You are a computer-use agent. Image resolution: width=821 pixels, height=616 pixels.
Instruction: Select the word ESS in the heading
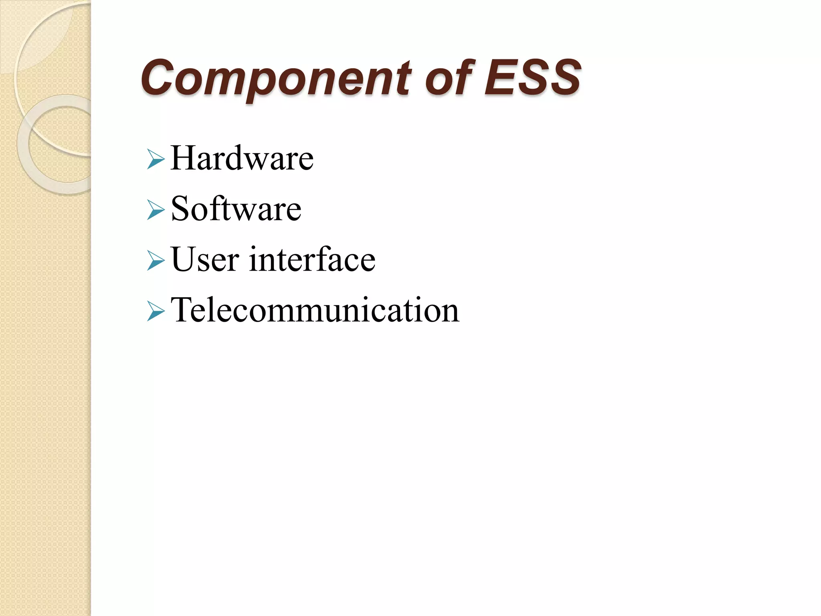532,77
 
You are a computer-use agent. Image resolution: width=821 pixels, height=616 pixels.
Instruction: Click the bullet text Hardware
242,158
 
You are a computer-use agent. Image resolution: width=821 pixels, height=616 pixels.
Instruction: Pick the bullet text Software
236,209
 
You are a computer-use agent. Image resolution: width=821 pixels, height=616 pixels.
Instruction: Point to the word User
205,259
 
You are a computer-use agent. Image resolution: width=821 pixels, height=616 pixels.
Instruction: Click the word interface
312,259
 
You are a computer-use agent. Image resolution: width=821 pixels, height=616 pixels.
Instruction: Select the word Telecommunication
315,310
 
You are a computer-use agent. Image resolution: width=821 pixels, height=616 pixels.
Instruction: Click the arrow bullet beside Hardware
156,159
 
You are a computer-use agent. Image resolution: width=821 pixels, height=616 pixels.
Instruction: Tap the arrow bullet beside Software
156,210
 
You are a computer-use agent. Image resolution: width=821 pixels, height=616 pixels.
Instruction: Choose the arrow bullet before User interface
156,260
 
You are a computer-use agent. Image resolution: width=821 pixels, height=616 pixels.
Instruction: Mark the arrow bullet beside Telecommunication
156,311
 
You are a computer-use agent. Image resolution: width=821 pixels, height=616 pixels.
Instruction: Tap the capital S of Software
180,209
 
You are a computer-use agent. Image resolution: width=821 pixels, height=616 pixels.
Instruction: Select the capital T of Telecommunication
182,310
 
